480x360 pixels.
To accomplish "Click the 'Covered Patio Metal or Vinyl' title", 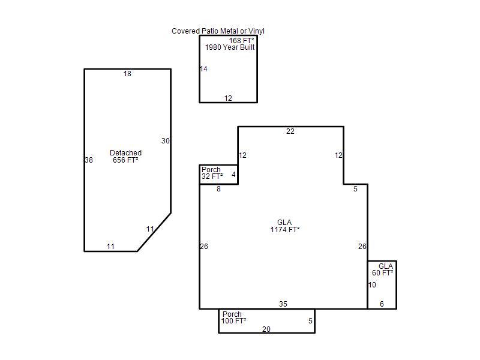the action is pyautogui.click(x=218, y=31).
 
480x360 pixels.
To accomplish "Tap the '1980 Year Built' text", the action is pyautogui.click(x=230, y=47).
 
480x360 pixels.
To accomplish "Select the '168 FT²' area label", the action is pyautogui.click(x=241, y=40).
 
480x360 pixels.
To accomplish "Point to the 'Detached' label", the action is pyautogui.click(x=125, y=153).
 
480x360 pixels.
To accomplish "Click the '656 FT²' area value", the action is pyautogui.click(x=125, y=160).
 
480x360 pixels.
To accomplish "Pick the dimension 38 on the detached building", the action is pyautogui.click(x=89, y=160).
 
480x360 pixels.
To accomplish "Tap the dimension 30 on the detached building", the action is pyautogui.click(x=166, y=141).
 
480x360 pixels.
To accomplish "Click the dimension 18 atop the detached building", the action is pyautogui.click(x=127, y=74).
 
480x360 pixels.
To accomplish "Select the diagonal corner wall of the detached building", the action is pyautogui.click(x=154, y=232).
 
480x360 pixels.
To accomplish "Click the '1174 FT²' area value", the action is pyautogui.click(x=285, y=229).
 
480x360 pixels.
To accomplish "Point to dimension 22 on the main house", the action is pyautogui.click(x=290, y=131).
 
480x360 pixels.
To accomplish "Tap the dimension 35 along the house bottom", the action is pyautogui.click(x=283, y=304).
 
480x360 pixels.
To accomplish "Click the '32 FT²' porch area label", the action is pyautogui.click(x=212, y=176).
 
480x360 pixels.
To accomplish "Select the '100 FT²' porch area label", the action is pyautogui.click(x=234, y=321).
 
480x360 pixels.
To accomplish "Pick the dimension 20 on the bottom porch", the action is pyautogui.click(x=266, y=329).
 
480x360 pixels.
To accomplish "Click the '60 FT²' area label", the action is pyautogui.click(x=383, y=273).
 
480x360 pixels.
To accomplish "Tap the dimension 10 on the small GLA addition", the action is pyautogui.click(x=372, y=285).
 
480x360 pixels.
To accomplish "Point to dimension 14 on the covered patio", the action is pyautogui.click(x=203, y=69).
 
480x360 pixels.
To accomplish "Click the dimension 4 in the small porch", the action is pyautogui.click(x=233, y=175).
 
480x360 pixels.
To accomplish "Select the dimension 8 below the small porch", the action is pyautogui.click(x=218, y=189).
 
